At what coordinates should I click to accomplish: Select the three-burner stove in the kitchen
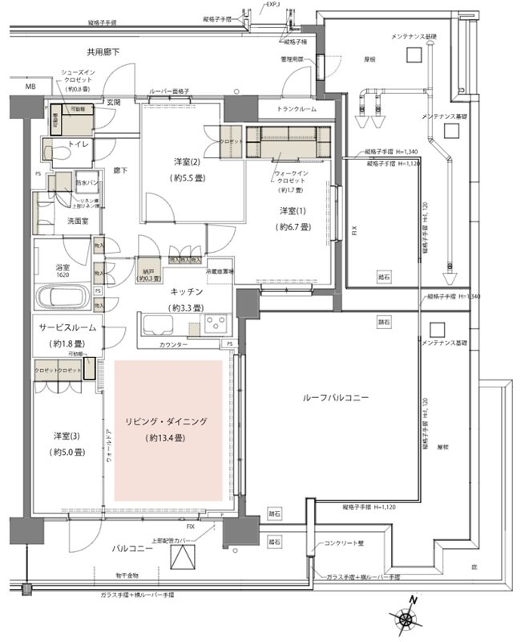(216, 323)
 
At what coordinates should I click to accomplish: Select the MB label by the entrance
(30, 87)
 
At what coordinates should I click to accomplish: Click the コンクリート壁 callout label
(345, 543)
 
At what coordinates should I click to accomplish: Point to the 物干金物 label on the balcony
(127, 576)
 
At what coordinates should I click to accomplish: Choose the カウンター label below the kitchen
(173, 344)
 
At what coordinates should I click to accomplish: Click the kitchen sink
(157, 325)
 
